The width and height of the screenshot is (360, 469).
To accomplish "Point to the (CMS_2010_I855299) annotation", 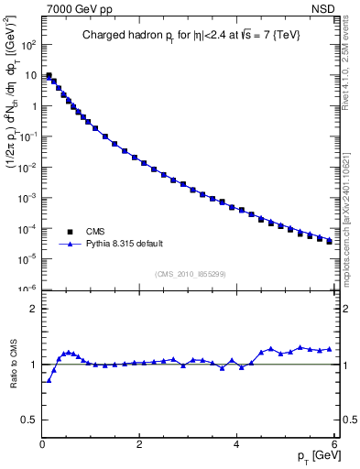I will [x=190, y=274].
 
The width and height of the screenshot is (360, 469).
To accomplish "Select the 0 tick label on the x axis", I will [x=42, y=445].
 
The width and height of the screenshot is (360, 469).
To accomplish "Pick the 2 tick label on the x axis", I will [x=138, y=445].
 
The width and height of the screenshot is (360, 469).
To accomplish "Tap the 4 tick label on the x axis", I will [x=236, y=445].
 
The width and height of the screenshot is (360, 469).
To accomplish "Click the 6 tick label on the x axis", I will [x=333, y=445].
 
